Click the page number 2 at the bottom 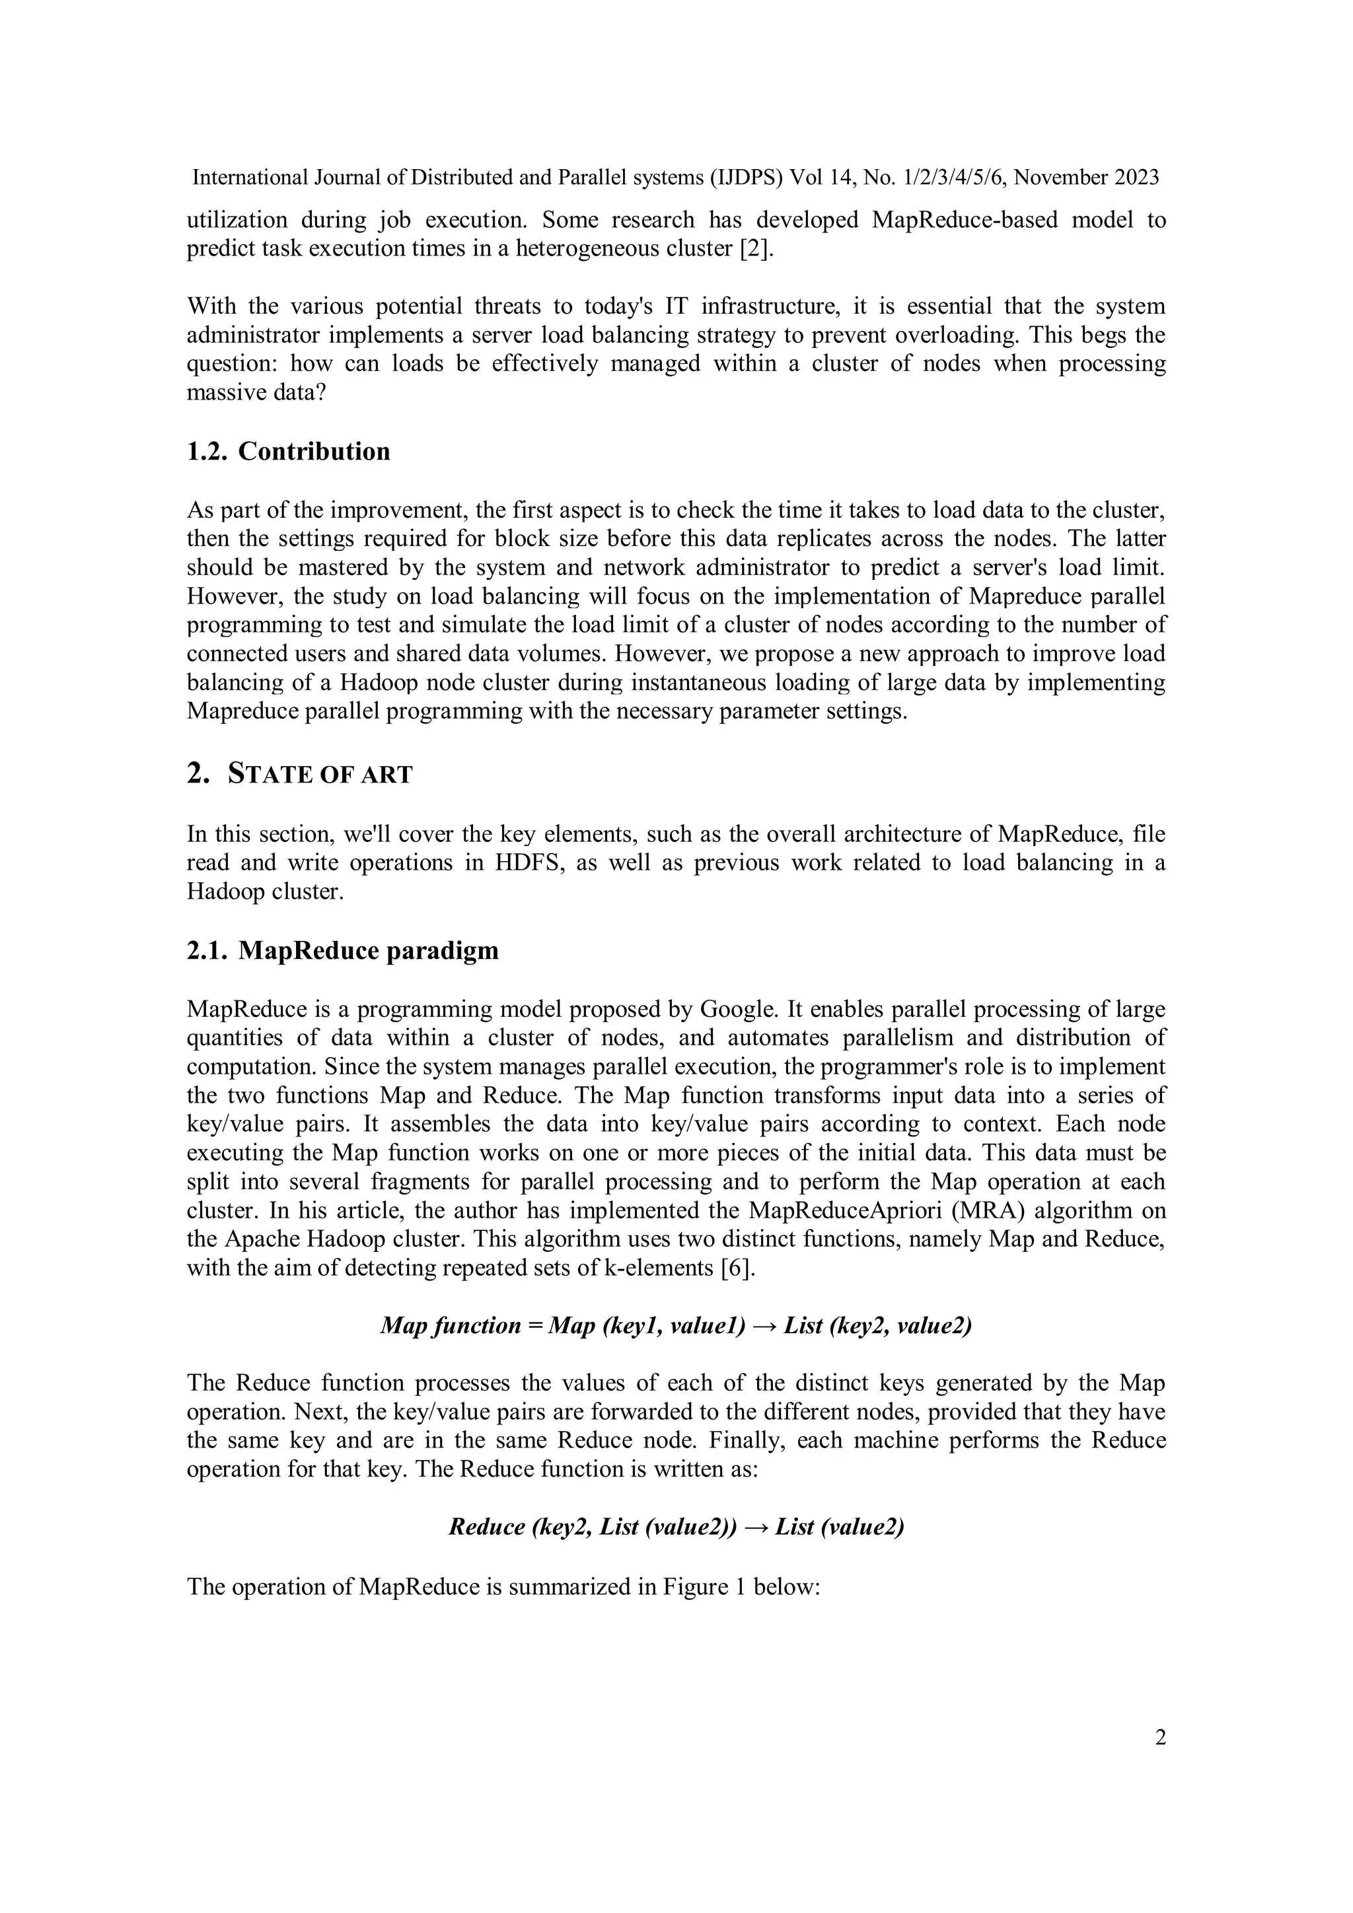click(x=1159, y=1737)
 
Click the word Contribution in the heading click(x=314, y=452)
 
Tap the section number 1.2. click(x=206, y=452)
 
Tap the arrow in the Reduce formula click(x=755, y=1527)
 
